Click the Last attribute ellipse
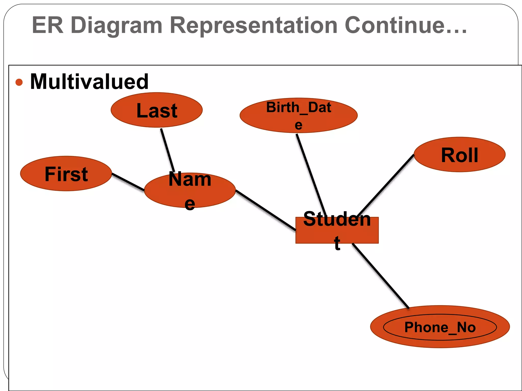[156, 110]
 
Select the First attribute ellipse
[66, 174]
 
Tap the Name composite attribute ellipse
[190, 190]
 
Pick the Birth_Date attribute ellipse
[298, 115]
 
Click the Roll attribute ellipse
[459, 155]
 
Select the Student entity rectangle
[337, 230]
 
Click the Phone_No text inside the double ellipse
[440, 327]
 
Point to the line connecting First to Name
[128, 182]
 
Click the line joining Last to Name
[167, 150]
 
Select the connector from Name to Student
[265, 210]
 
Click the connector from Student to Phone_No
[380, 275]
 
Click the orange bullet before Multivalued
[19, 82]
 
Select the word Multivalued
[89, 82]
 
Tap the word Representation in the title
[254, 25]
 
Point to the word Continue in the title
[398, 25]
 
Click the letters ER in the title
[48, 25]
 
